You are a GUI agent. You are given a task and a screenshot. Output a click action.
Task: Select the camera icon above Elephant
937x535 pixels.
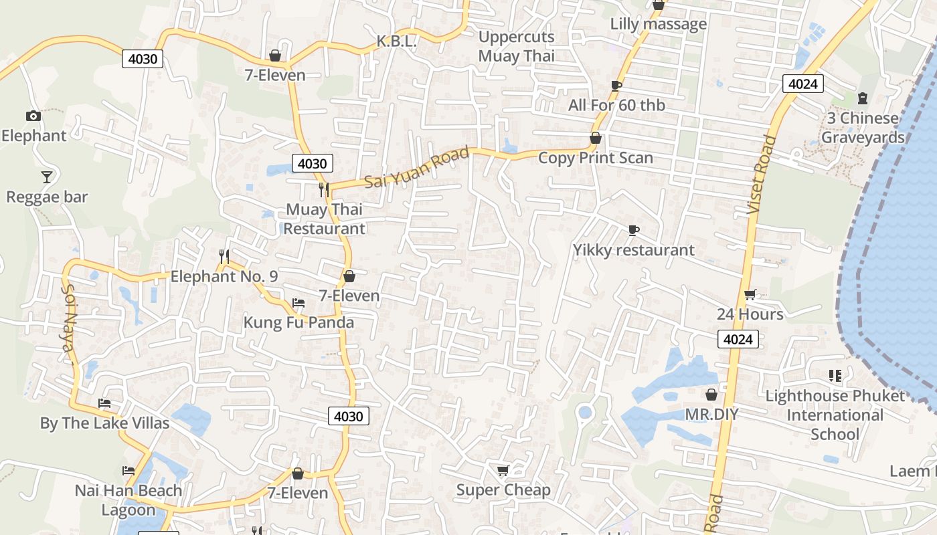point(33,116)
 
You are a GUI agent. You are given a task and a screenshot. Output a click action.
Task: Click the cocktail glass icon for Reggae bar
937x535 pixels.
point(46,177)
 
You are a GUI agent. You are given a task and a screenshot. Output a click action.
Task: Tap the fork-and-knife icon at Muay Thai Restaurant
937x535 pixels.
point(324,190)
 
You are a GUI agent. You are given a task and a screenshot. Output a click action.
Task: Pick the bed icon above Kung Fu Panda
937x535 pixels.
point(299,303)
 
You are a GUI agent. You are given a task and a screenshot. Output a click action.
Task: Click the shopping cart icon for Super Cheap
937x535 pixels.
point(503,471)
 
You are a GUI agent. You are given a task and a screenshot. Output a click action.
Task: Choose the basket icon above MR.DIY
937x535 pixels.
point(711,395)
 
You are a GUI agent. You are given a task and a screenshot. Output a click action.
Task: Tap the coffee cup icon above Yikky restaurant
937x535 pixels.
point(633,231)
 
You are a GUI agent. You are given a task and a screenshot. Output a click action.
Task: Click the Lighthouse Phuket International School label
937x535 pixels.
point(835,415)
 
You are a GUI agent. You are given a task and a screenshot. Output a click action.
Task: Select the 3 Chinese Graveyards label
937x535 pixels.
point(863,128)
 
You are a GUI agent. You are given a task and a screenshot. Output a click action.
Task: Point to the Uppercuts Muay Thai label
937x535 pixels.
point(516,46)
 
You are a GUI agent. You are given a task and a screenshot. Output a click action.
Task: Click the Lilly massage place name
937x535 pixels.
point(658,24)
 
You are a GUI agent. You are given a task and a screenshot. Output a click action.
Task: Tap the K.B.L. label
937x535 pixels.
point(396,41)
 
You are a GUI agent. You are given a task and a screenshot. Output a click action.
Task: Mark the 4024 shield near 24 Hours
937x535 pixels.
point(738,339)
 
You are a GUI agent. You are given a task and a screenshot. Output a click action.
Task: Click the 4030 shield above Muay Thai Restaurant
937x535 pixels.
point(312,163)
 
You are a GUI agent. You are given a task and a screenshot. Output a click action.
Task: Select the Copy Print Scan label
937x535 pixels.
point(595,158)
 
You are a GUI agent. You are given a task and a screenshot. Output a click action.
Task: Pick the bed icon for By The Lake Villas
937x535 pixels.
point(104,403)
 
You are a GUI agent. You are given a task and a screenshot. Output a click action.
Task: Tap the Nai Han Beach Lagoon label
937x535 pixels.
point(128,500)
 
